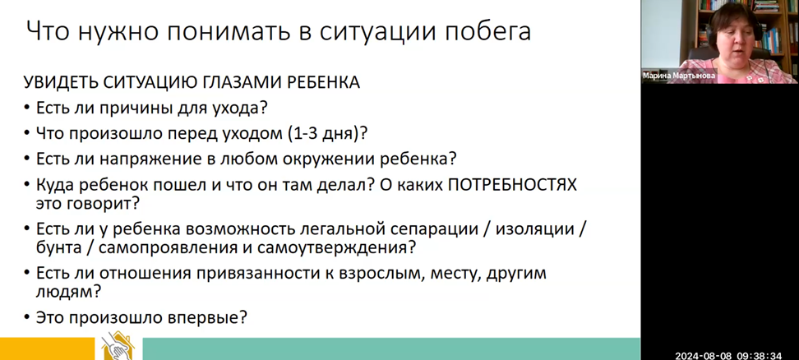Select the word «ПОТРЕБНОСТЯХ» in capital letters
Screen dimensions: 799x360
[x=512, y=186]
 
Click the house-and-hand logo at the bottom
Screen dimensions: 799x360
[x=118, y=346]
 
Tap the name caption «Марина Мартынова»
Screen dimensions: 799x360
[x=679, y=76]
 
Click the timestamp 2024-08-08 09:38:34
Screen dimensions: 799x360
[x=728, y=355]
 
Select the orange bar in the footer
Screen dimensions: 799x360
[x=48, y=348]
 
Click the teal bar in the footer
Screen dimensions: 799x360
[x=390, y=348]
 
